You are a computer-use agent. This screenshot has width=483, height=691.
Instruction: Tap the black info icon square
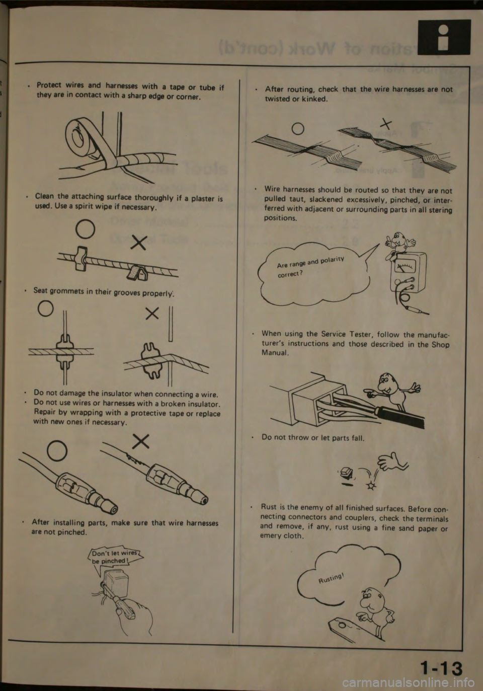444,37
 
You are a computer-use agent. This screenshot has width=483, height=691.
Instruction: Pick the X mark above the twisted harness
386,124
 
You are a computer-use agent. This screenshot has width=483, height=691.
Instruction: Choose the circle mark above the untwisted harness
298,129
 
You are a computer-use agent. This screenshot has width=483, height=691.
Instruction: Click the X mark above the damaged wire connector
141,441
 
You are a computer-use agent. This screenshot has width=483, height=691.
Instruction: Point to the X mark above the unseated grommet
152,314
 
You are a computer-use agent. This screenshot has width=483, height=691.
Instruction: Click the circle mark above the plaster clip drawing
85,229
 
